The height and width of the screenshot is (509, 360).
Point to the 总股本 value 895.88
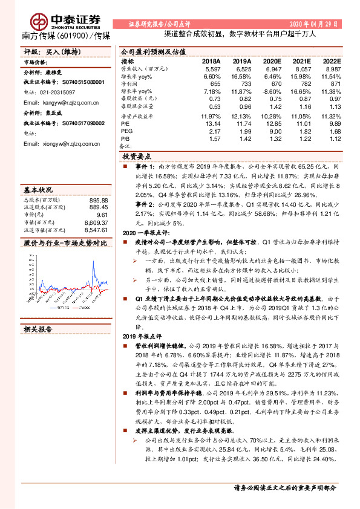pos(97,200)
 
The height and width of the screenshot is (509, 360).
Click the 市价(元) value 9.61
pos(102,215)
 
